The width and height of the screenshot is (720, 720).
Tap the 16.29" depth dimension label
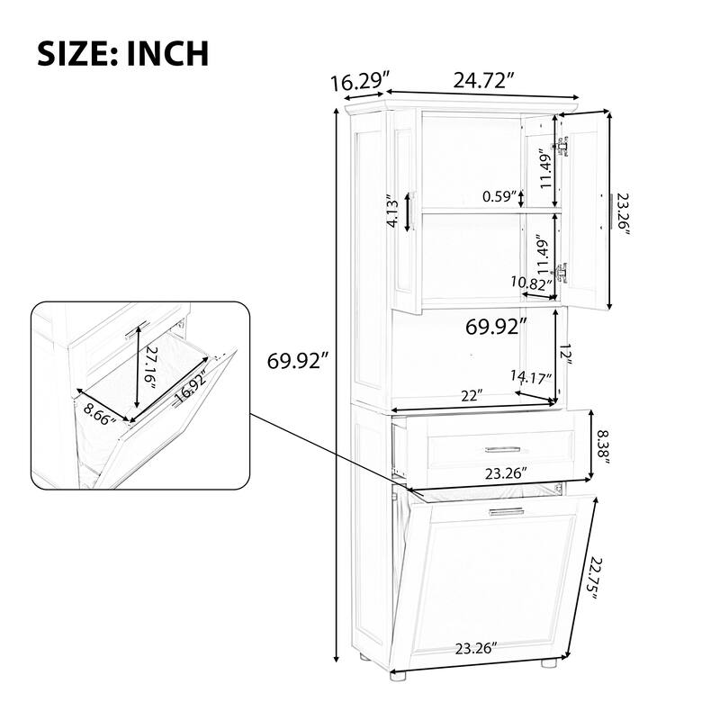pyautogui.click(x=353, y=83)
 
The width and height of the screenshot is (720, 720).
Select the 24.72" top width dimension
pyautogui.click(x=484, y=80)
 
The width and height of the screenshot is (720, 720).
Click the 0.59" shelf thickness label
pyautogui.click(x=499, y=195)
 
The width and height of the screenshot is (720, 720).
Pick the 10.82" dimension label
pyautogui.click(x=531, y=283)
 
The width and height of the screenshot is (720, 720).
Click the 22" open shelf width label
pyautogui.click(x=468, y=395)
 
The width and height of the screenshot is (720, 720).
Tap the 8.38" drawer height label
pyautogui.click(x=609, y=445)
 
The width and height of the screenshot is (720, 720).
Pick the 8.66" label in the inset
pyautogui.click(x=102, y=423)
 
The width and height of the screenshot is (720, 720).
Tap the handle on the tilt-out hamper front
pyautogui.click(x=507, y=511)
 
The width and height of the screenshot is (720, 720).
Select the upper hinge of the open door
pyautogui.click(x=562, y=146)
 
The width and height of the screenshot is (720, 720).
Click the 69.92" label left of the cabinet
pyautogui.click(x=298, y=362)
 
